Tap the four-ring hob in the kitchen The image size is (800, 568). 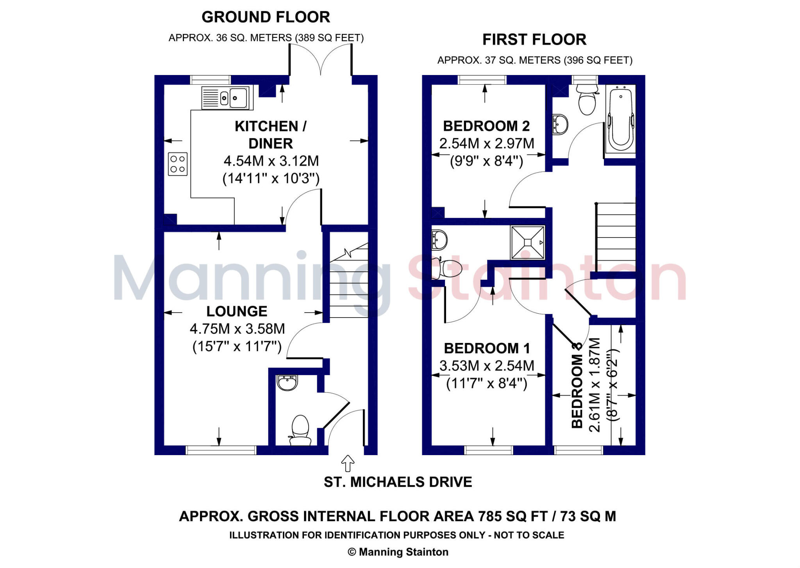tap(178, 164)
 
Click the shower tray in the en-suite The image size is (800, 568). tap(527, 243)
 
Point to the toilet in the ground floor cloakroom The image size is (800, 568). tap(300, 430)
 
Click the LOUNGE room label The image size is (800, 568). tap(237, 311)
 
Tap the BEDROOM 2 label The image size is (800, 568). tap(486, 126)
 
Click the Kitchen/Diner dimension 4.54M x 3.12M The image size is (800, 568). tap(271, 161)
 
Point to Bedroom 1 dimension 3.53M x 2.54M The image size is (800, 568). tap(487, 366)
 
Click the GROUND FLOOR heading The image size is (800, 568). tap(266, 17)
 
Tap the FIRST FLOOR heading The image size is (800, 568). tap(534, 39)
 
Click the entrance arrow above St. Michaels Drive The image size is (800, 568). tap(348, 463)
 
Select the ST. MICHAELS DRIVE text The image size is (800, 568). tap(398, 482)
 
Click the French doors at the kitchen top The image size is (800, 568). tap(321, 61)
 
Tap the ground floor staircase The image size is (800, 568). tap(349, 281)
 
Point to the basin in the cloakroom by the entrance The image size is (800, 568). tap(287, 382)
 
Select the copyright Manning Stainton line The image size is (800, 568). tap(398, 552)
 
